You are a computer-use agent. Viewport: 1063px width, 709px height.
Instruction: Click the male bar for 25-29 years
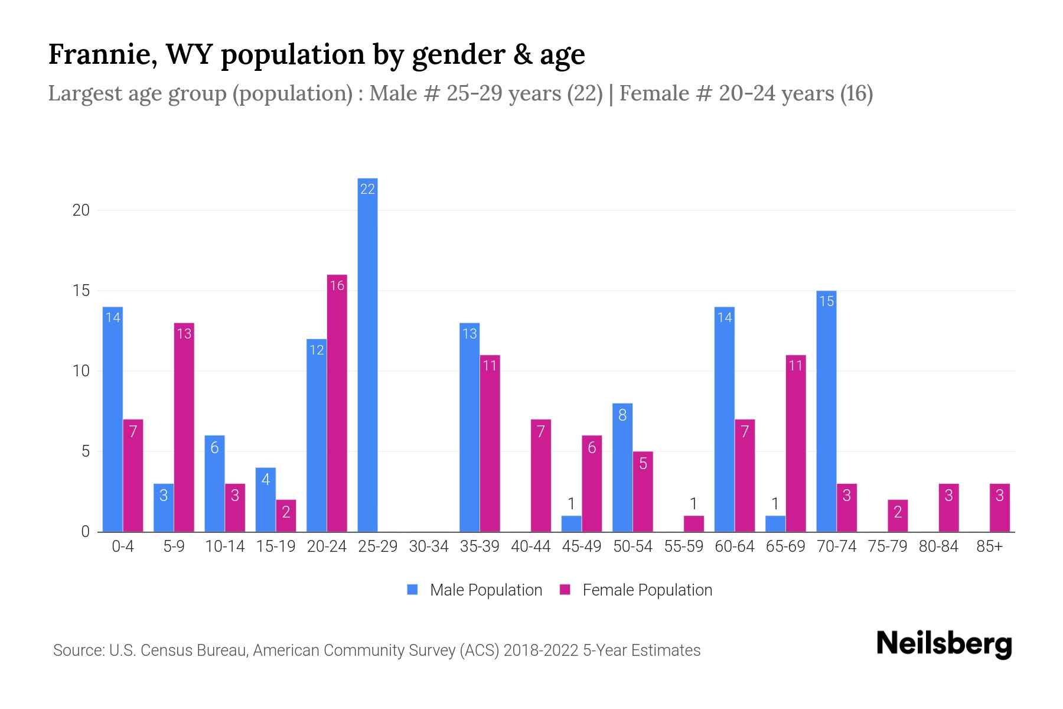coord(367,354)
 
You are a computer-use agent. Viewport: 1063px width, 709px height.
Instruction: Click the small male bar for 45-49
coord(571,523)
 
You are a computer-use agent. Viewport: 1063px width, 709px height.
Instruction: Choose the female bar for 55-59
coord(693,523)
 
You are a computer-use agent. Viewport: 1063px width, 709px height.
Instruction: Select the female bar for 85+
coord(999,508)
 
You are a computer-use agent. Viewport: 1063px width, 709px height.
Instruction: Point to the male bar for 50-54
coord(622,467)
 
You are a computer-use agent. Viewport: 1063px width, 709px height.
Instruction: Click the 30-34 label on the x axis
coord(429,547)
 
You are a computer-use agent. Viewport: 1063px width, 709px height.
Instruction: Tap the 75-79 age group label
coord(887,547)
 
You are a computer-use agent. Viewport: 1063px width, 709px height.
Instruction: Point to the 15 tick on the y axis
coord(81,291)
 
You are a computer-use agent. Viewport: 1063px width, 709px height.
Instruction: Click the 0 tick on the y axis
coord(86,532)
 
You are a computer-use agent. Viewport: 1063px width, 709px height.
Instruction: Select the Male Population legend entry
coord(475,590)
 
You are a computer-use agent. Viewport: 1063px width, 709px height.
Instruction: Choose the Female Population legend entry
coord(636,590)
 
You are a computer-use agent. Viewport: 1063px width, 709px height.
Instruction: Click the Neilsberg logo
coord(944,644)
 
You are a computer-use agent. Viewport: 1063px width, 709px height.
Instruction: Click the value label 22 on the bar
coord(367,189)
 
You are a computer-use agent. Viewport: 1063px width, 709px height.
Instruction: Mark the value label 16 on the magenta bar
coord(337,286)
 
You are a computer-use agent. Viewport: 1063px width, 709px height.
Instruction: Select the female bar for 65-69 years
coord(795,443)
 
